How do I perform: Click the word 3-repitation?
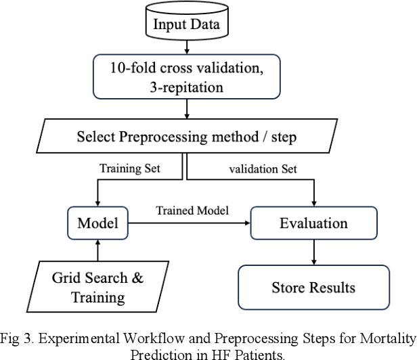point(188,87)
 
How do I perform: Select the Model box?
point(99,223)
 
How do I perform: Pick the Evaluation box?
point(313,223)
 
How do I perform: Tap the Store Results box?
point(313,287)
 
